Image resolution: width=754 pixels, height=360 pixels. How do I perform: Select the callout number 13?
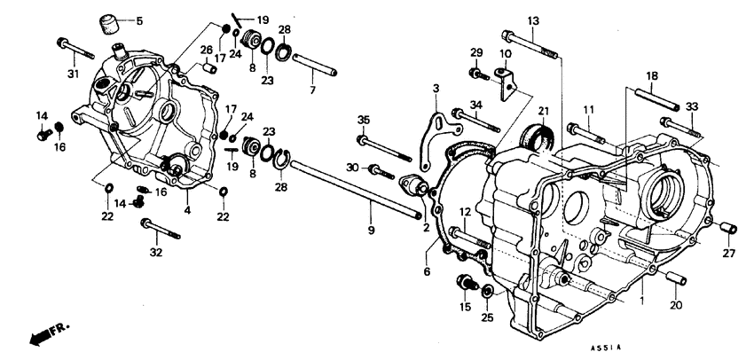[533, 20]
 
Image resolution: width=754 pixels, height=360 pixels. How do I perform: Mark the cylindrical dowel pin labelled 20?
[675, 278]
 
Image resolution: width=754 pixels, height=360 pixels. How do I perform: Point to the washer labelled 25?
[487, 291]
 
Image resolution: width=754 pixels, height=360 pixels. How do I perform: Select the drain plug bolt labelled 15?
[463, 283]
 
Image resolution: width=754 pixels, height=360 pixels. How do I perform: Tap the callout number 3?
[436, 88]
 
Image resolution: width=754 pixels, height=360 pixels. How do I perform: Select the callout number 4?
[187, 210]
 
